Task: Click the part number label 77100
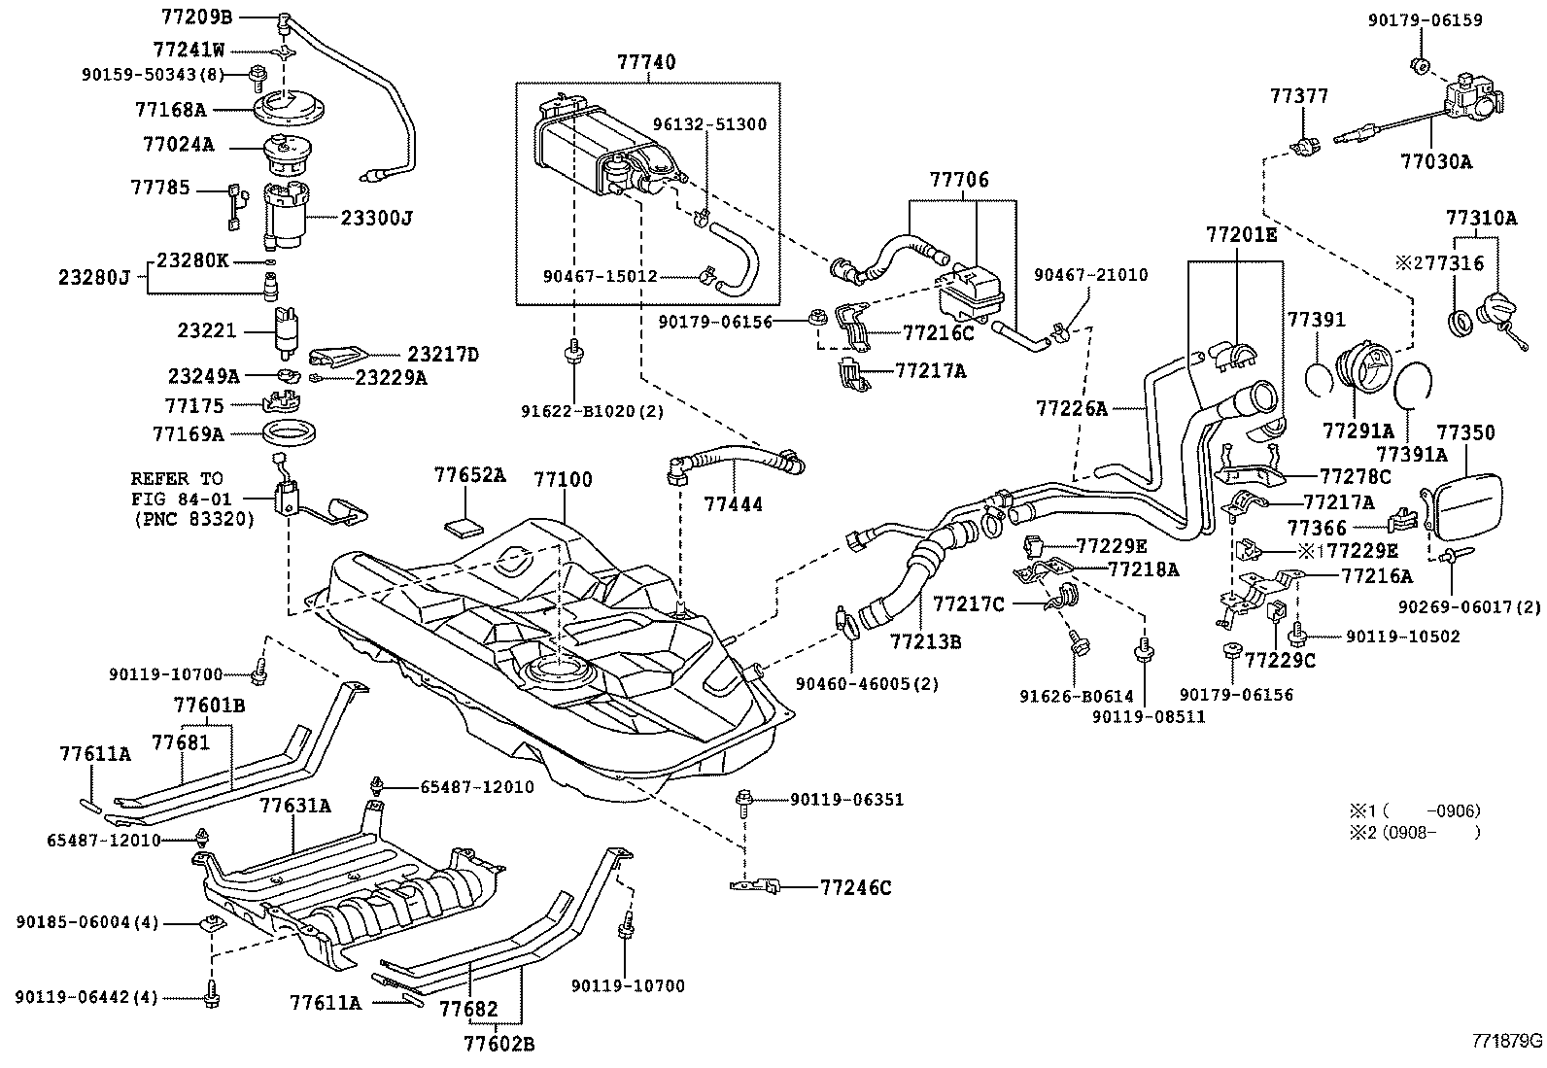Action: click(x=563, y=480)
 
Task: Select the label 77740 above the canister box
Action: click(x=646, y=62)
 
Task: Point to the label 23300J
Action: click(x=376, y=219)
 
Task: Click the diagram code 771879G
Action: click(x=1505, y=1040)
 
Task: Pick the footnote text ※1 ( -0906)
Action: click(x=1414, y=810)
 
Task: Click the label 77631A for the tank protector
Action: click(x=295, y=806)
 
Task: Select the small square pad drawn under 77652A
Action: click(x=464, y=528)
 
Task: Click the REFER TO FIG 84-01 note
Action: click(x=191, y=499)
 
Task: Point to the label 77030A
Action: click(x=1436, y=162)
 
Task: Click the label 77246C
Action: click(x=855, y=887)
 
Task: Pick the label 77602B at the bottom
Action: click(x=498, y=1045)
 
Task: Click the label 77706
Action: click(x=958, y=180)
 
